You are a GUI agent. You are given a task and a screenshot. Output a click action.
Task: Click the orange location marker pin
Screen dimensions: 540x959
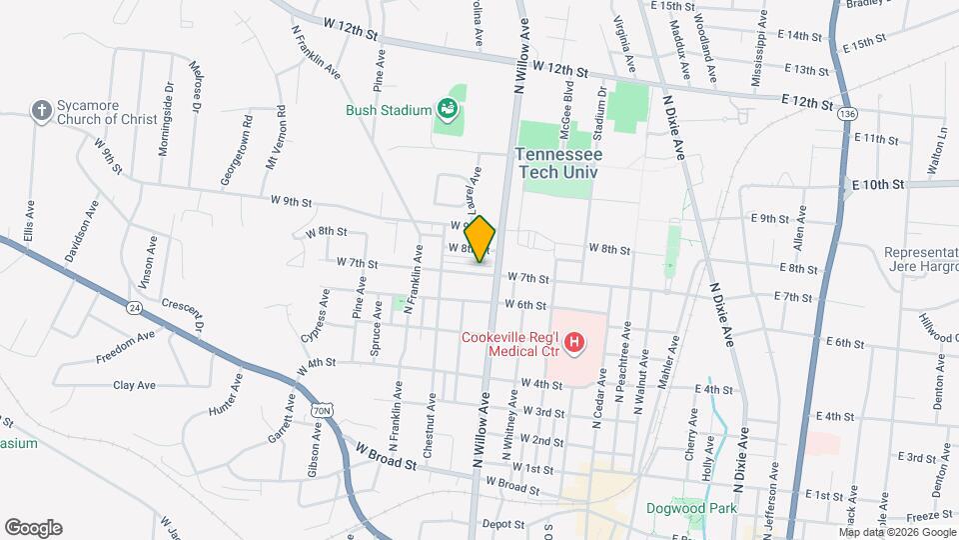point(480,239)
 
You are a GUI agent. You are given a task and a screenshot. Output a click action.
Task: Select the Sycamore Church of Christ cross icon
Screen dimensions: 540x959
point(42,110)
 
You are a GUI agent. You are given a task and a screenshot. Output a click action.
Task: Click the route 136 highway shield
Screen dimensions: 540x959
point(847,115)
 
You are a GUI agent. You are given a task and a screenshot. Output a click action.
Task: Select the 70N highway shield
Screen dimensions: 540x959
point(321,410)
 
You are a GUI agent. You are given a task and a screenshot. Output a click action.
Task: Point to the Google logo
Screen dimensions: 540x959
point(33,528)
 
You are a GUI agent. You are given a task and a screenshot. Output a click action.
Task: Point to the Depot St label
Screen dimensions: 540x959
point(502,523)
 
